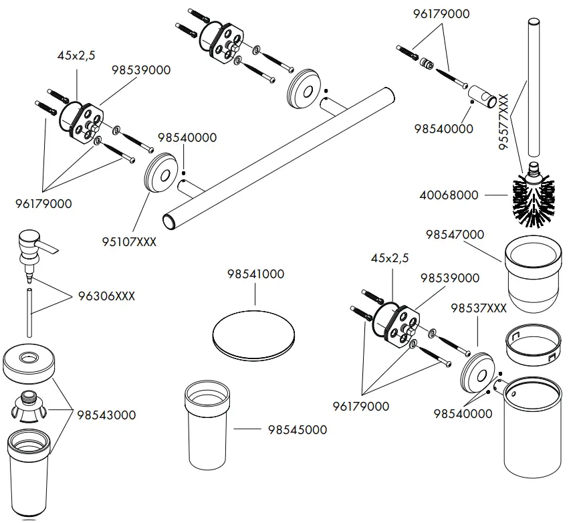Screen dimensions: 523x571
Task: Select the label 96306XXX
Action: pyautogui.click(x=106, y=296)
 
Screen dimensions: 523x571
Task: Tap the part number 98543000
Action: pyautogui.click(x=106, y=415)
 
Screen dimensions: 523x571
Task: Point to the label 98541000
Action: pyautogui.click(x=255, y=274)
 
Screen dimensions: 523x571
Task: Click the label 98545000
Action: pyautogui.click(x=298, y=429)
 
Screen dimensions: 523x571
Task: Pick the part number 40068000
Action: pyautogui.click(x=449, y=195)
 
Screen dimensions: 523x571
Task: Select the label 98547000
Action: pyautogui.click(x=455, y=235)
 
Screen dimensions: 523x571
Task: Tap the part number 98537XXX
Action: pyautogui.click(x=478, y=308)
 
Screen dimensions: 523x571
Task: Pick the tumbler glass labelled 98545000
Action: pyautogui.click(x=211, y=425)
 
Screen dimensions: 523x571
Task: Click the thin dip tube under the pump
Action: pyautogui.click(x=30, y=314)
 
